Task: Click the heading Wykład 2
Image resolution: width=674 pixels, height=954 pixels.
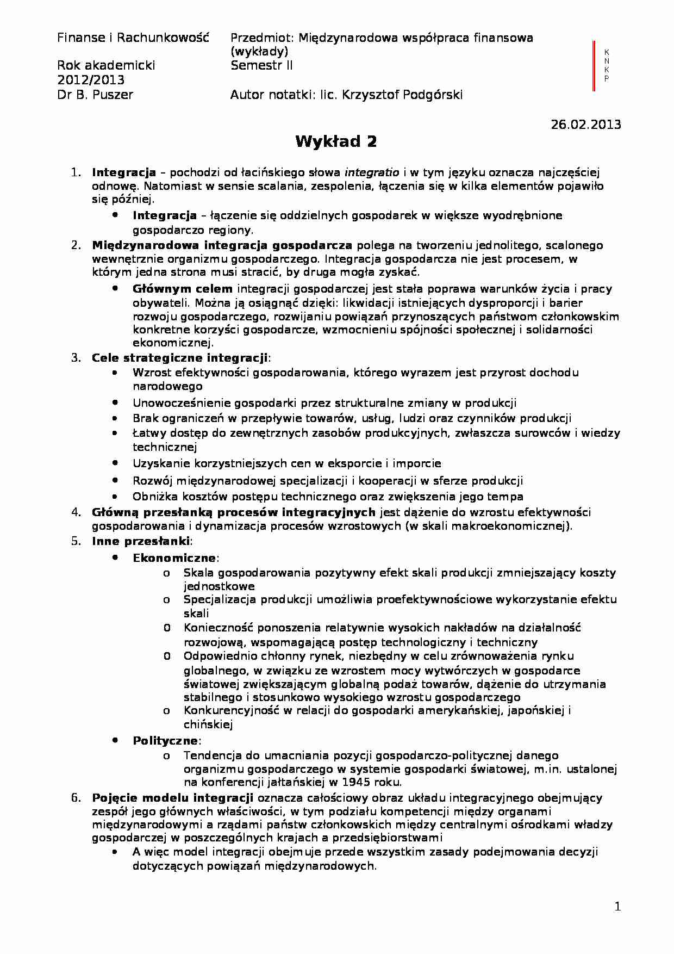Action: (336, 142)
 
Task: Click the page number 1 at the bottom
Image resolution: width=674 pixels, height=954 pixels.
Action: (617, 906)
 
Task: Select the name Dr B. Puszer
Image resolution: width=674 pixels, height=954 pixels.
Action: (95, 95)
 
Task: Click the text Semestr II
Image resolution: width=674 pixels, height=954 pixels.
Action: (261, 66)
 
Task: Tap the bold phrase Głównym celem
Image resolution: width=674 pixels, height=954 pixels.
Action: (183, 289)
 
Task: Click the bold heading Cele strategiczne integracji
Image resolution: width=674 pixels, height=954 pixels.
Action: (180, 358)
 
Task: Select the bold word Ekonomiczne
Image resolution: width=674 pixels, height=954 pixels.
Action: (174, 558)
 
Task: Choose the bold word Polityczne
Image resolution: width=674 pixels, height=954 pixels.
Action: (165, 741)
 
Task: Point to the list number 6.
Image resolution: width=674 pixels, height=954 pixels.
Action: (76, 798)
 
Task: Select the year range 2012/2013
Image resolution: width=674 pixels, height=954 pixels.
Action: (91, 80)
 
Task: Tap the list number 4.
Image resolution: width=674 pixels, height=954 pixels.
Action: (76, 512)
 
